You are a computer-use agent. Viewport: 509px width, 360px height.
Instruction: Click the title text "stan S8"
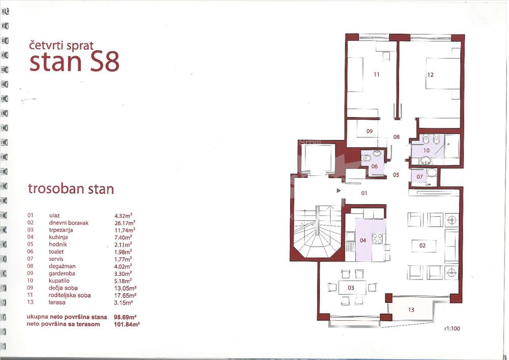pyautogui.click(x=74, y=62)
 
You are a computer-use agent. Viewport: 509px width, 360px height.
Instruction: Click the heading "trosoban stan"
pyautogui.click(x=71, y=189)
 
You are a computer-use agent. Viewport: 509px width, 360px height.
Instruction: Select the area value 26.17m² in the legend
pyautogui.click(x=125, y=223)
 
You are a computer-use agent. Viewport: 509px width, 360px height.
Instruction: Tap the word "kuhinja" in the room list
pyautogui.click(x=59, y=237)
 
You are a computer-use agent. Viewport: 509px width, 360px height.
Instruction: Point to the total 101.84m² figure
pyautogui.click(x=127, y=324)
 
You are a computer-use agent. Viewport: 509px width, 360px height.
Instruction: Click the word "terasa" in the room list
pyautogui.click(x=57, y=302)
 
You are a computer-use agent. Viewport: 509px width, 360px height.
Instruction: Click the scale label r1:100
pyautogui.click(x=452, y=328)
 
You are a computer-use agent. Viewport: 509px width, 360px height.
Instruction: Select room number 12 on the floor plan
pyautogui.click(x=431, y=75)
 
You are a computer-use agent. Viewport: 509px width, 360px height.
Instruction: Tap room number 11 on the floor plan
pyautogui.click(x=377, y=75)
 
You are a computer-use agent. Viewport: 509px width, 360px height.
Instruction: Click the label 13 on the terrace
pyautogui.click(x=411, y=310)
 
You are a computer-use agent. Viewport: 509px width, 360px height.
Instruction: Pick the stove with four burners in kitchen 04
pyautogui.click(x=377, y=239)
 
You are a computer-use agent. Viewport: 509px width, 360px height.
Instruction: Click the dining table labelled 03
pyautogui.click(x=352, y=288)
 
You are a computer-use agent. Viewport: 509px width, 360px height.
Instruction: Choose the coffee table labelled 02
pyautogui.click(x=423, y=246)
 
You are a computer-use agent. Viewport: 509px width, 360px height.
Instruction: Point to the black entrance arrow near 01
pyautogui.click(x=339, y=191)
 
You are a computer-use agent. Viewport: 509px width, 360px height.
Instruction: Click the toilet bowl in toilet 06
pyautogui.click(x=366, y=158)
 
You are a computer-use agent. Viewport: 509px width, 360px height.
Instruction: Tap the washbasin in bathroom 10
pyautogui.click(x=425, y=160)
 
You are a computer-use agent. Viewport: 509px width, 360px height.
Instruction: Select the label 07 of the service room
pyautogui.click(x=420, y=177)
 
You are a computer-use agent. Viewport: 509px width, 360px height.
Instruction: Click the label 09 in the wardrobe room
pyautogui.click(x=370, y=131)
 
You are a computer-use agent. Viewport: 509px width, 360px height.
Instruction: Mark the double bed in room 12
pyautogui.click(x=443, y=73)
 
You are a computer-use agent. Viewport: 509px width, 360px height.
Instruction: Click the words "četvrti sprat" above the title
pyautogui.click(x=62, y=45)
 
